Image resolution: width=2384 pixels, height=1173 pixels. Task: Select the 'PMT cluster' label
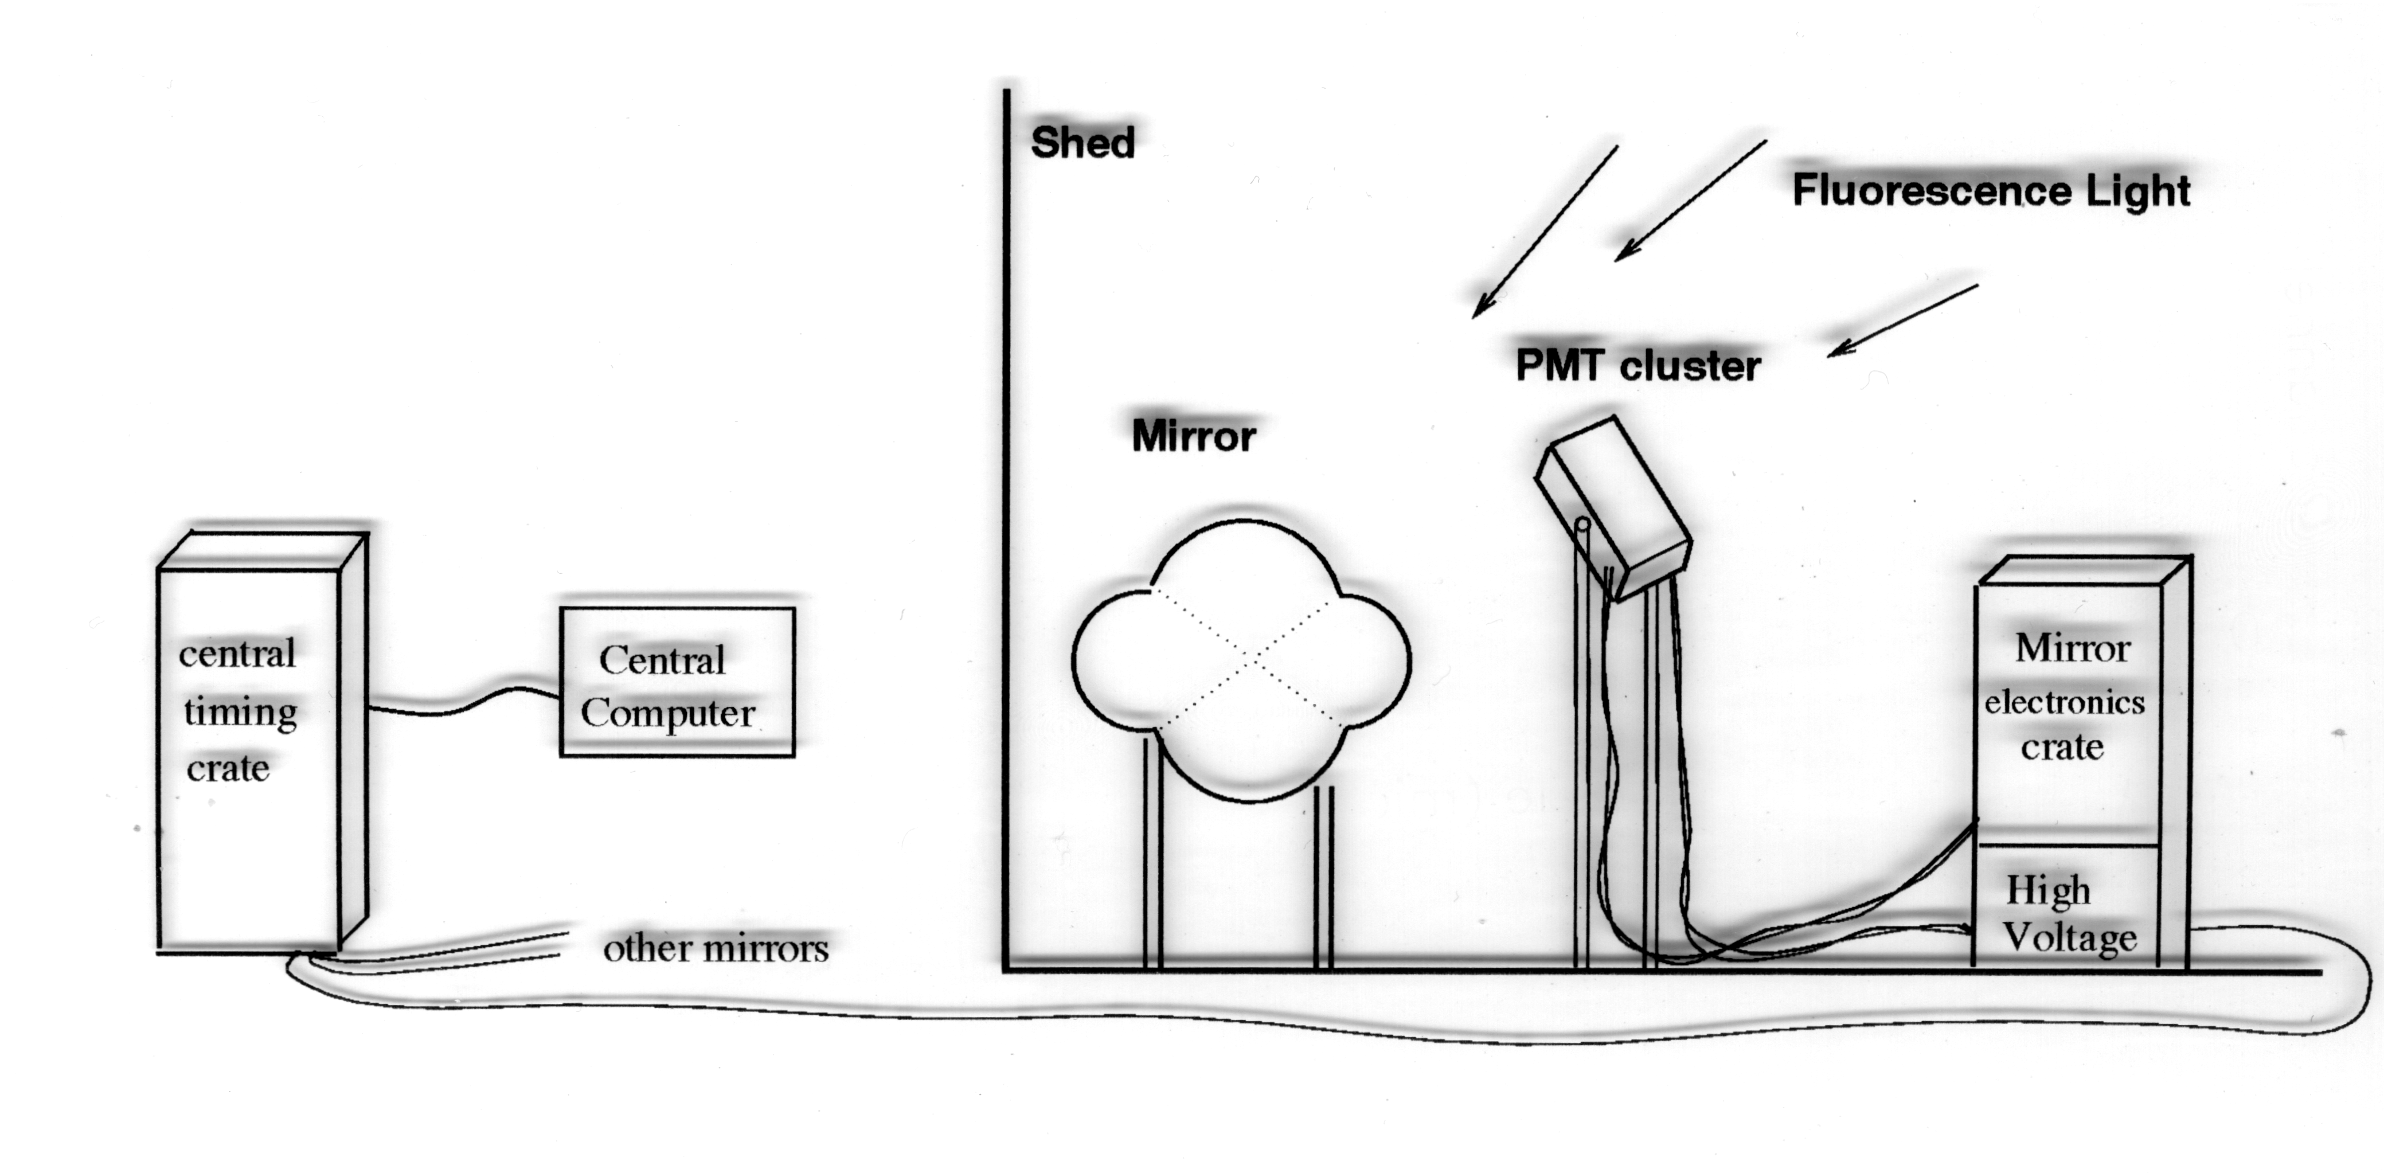(x=1637, y=365)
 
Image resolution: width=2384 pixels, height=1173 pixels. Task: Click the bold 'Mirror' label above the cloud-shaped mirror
(x=1193, y=436)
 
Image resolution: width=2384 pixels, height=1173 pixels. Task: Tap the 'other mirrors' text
(x=716, y=948)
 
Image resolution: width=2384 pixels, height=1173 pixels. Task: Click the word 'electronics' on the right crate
(x=2064, y=702)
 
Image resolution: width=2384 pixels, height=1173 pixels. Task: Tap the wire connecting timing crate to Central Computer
(x=463, y=703)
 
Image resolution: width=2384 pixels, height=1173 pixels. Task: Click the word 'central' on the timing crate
(x=237, y=654)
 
